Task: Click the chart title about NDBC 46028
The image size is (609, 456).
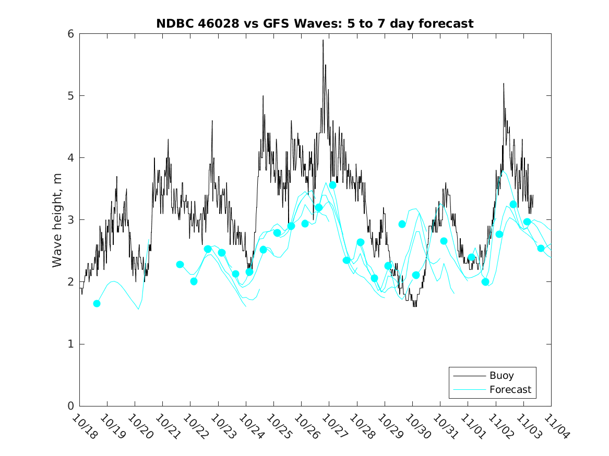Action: click(315, 23)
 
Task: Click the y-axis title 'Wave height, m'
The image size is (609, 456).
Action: click(57, 220)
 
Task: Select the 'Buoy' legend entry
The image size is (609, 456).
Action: click(501, 375)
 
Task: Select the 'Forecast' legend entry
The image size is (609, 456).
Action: click(510, 389)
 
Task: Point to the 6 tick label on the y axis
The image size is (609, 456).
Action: click(70, 34)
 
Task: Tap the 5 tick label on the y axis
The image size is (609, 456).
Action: click(70, 96)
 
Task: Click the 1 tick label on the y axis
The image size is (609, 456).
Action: click(70, 344)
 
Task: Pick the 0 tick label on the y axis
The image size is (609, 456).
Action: click(70, 406)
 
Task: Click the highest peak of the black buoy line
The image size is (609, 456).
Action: click(323, 40)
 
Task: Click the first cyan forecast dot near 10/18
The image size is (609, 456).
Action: click(97, 303)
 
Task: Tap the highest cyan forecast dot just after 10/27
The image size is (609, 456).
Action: click(332, 185)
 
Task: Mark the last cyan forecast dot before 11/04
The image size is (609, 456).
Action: click(541, 248)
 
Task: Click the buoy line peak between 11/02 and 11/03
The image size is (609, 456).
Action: click(504, 83)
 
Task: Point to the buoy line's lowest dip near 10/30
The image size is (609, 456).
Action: click(415, 306)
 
